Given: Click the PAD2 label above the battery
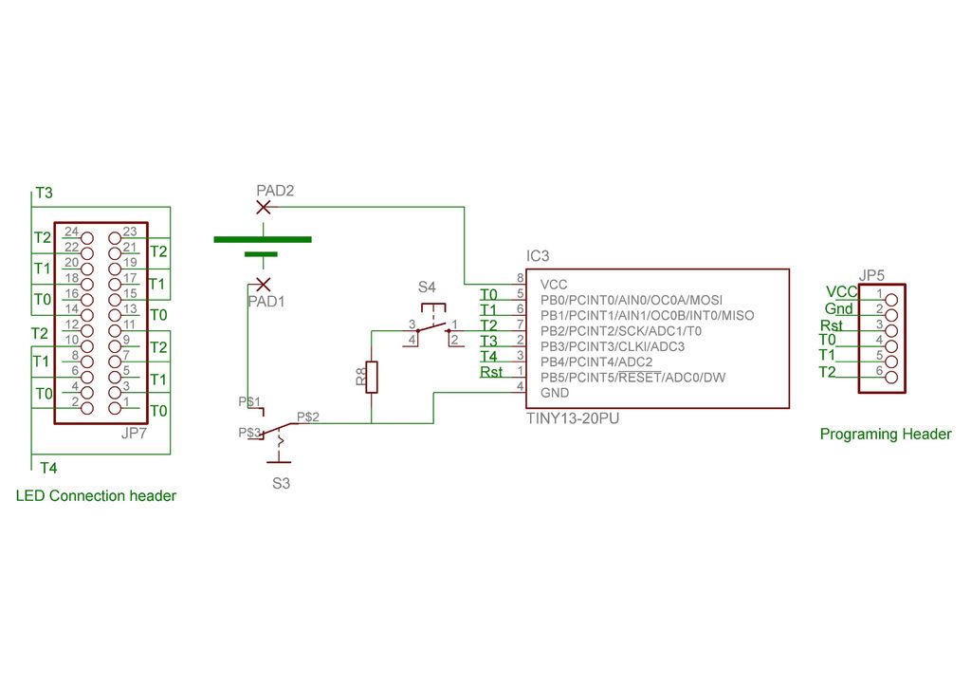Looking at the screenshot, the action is click(275, 191).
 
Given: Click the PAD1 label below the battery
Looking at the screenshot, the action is click(266, 302).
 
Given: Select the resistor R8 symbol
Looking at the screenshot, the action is click(371, 377).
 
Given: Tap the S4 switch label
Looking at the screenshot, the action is click(427, 287).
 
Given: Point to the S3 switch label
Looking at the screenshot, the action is click(281, 483).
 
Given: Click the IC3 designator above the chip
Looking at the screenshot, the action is click(538, 256).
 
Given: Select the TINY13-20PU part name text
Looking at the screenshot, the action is click(573, 418).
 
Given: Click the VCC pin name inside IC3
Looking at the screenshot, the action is click(554, 285).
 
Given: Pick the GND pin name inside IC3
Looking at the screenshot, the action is click(554, 393).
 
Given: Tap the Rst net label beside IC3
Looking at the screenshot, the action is click(491, 372).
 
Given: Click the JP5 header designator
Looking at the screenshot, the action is click(871, 276).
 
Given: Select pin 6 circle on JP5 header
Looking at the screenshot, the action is click(891, 378).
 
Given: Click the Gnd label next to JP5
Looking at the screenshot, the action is click(838, 308).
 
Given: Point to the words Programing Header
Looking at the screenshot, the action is click(886, 434).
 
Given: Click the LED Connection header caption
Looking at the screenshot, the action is click(96, 495).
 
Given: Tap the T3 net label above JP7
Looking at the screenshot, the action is click(44, 193).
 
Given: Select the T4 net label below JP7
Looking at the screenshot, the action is click(48, 468).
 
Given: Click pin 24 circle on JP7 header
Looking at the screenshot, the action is click(87, 238).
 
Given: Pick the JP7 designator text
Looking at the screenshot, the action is click(134, 433).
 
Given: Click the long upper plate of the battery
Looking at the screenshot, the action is click(263, 239).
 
